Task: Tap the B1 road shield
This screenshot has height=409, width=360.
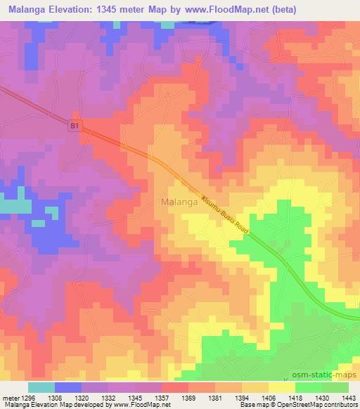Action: coord(76,126)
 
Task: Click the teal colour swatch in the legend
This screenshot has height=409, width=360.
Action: coord(41,387)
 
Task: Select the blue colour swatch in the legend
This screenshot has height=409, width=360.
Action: coord(68,387)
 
